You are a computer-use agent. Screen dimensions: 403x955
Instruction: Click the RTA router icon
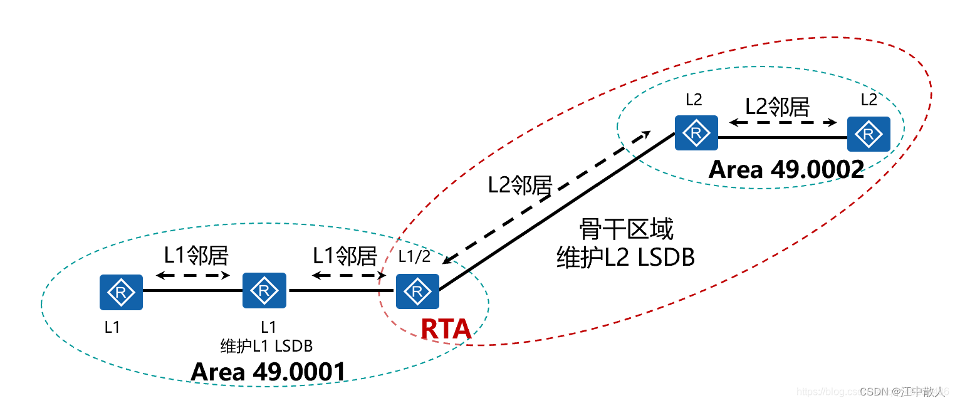point(417,292)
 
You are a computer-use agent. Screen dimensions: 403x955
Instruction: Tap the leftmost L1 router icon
point(121,292)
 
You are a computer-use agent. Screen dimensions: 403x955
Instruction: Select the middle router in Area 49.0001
point(264,290)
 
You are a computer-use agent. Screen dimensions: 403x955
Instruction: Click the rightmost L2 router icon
point(869,133)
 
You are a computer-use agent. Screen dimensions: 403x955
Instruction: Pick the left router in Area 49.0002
point(696,133)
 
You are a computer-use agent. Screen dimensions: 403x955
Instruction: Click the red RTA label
point(446,330)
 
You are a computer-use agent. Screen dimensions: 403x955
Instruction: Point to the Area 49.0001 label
point(268,372)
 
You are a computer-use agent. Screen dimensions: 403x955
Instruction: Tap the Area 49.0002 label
point(786,170)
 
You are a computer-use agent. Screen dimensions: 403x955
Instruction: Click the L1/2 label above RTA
point(414,258)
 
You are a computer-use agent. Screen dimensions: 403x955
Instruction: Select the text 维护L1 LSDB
point(266,345)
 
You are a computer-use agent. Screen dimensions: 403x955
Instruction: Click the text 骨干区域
point(626,230)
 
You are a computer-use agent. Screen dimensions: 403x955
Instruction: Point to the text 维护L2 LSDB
point(626,257)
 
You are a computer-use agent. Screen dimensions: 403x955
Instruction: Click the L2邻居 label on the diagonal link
point(520,185)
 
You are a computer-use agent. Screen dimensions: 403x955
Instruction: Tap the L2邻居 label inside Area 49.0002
point(777,107)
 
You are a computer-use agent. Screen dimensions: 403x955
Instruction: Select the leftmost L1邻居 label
point(196,255)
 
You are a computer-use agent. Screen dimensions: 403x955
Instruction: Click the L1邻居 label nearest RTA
point(345,256)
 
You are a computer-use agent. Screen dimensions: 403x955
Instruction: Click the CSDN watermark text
point(902,392)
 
